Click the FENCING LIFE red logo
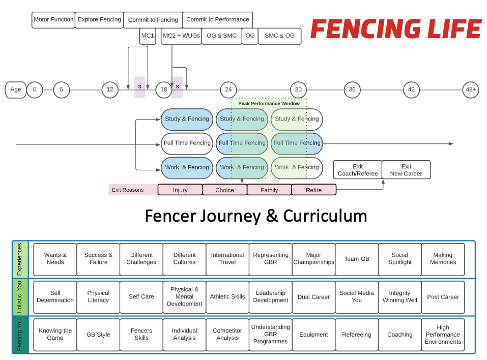click(395, 29)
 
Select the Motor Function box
click(53, 20)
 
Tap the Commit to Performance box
click(217, 20)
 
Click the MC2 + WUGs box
click(181, 36)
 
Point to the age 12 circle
click(110, 89)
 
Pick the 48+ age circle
click(471, 89)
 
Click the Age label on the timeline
click(16, 89)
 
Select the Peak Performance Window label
click(269, 103)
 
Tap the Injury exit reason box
click(180, 190)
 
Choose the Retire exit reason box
click(313, 190)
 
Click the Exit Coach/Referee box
click(357, 170)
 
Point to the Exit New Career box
click(406, 170)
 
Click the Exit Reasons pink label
click(128, 190)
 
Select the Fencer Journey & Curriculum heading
click(256, 216)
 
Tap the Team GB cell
click(356, 259)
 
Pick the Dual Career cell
click(313, 297)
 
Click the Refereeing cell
click(356, 335)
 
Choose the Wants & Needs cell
click(55, 259)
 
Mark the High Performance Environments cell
click(443, 335)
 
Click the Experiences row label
click(20, 259)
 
